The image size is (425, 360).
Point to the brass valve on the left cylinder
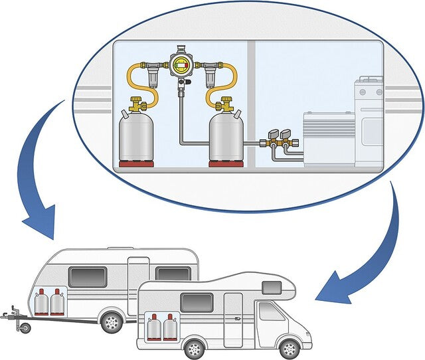tap(137, 104)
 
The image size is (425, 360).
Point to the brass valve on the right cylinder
tap(226, 104)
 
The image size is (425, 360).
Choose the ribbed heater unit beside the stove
tap(329, 137)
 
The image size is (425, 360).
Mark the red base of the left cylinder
tap(137, 163)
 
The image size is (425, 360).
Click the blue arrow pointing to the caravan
tap(37, 179)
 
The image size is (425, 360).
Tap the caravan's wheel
tap(111, 323)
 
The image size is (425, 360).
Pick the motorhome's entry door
tap(233, 319)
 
